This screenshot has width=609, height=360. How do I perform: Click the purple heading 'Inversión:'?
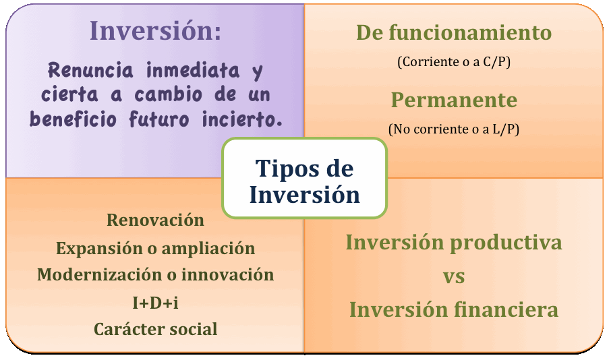pyautogui.click(x=155, y=31)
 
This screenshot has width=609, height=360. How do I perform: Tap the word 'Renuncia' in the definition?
pyautogui.click(x=90, y=71)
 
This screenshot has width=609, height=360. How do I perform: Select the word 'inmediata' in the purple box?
pyautogui.click(x=193, y=71)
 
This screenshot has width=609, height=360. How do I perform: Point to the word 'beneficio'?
pyautogui.click(x=73, y=119)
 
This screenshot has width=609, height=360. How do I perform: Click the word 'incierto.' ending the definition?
pyautogui.click(x=242, y=119)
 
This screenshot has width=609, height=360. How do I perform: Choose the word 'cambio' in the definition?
pyautogui.click(x=169, y=95)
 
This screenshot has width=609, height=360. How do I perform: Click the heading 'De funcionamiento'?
pyautogui.click(x=454, y=32)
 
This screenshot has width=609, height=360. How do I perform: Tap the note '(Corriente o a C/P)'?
pyautogui.click(x=454, y=62)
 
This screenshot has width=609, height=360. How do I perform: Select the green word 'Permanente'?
pyautogui.click(x=454, y=100)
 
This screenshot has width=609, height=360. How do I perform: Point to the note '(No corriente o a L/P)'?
pyautogui.click(x=454, y=129)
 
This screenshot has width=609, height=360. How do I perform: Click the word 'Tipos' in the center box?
pyautogui.click(x=285, y=169)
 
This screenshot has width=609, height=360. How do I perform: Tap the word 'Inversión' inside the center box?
pyautogui.click(x=305, y=194)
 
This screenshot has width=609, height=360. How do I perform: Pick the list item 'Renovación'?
pyautogui.click(x=155, y=220)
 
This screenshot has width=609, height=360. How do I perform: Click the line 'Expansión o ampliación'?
pyautogui.click(x=155, y=249)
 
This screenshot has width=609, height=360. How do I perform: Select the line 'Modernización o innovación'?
pyautogui.click(x=155, y=275)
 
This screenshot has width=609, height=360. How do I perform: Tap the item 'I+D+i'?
pyautogui.click(x=155, y=303)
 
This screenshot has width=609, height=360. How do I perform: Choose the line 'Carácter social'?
pyautogui.click(x=155, y=329)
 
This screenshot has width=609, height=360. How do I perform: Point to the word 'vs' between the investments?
pyautogui.click(x=454, y=277)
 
